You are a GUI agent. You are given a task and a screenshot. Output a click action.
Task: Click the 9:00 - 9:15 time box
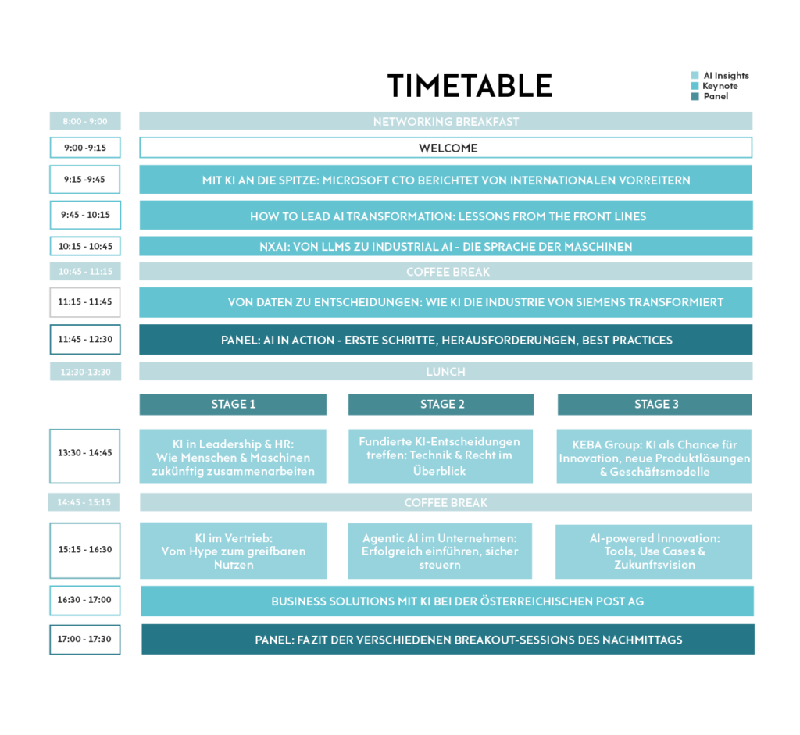[x=85, y=148]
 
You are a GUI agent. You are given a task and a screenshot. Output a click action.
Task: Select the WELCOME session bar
[x=445, y=148]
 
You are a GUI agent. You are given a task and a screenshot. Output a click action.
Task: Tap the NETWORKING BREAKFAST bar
[x=445, y=121]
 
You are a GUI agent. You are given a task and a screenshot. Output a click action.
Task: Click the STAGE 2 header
[x=441, y=404]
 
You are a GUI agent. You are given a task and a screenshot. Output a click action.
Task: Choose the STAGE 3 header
[x=655, y=404]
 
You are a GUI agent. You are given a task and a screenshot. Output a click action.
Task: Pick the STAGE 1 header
[x=233, y=404]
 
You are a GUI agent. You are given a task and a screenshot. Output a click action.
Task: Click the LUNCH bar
[x=445, y=372]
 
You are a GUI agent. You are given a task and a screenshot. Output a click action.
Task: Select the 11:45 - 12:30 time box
[x=85, y=340]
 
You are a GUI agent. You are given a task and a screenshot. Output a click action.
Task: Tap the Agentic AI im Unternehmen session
[x=440, y=551]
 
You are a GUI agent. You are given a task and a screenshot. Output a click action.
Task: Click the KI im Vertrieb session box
[x=233, y=551]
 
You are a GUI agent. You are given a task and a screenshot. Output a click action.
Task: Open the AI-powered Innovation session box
[x=654, y=551]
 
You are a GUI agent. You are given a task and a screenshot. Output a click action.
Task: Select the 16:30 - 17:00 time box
[x=85, y=601]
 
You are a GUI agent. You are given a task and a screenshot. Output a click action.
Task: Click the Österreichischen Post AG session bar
[x=446, y=601]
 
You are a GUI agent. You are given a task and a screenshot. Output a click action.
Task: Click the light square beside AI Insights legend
[x=695, y=75]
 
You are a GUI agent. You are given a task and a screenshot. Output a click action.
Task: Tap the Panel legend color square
[x=695, y=96]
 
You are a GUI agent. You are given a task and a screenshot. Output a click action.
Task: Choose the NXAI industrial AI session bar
[x=445, y=246]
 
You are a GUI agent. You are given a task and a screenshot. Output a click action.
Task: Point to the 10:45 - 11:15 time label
[x=85, y=272]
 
